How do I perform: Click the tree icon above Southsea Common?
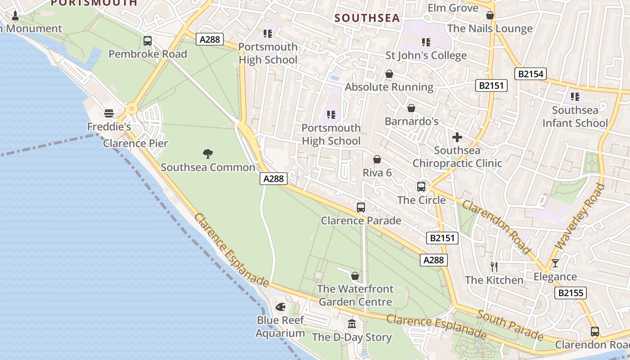[x=207, y=154]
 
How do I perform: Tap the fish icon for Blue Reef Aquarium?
[x=280, y=307]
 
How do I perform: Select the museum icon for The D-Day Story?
[x=352, y=324]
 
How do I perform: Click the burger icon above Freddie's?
[x=108, y=113]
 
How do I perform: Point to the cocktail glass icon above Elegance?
[x=555, y=263]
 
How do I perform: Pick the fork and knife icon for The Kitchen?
[x=494, y=266]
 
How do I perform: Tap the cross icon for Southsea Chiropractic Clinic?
[x=457, y=137]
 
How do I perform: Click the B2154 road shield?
[x=531, y=74]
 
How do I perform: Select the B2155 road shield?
[x=571, y=293]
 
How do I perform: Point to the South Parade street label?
[x=510, y=324]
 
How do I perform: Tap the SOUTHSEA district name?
[x=367, y=18]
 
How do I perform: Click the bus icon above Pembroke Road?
[x=148, y=41]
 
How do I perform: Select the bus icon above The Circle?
[x=421, y=186]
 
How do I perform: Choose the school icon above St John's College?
[x=426, y=42]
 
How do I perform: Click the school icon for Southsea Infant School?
[x=575, y=96]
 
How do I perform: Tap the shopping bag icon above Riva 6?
[x=377, y=159]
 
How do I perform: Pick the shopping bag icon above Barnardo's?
[x=411, y=108]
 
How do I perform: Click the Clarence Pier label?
[x=135, y=144]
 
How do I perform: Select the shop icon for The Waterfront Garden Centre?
[x=355, y=275]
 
